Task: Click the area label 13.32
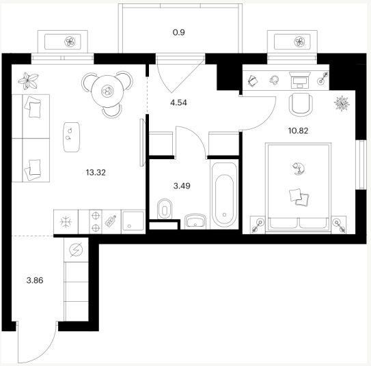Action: pyautogui.click(x=96, y=173)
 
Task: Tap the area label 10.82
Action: pyautogui.click(x=298, y=130)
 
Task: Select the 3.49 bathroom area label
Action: pyautogui.click(x=182, y=186)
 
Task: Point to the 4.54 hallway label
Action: pyautogui.click(x=178, y=103)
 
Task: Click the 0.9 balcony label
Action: pyautogui.click(x=178, y=32)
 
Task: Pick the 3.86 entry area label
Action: pyautogui.click(x=35, y=281)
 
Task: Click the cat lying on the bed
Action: pyautogui.click(x=299, y=169)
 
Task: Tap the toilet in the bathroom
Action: pyautogui.click(x=165, y=209)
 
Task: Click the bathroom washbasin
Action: pyautogui.click(x=195, y=221)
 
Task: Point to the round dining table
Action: pyautogui.click(x=107, y=91)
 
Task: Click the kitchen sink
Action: pyautogui.click(x=133, y=221)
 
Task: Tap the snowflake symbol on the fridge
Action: pyautogui.click(x=66, y=222)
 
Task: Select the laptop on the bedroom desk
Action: pyautogui.click(x=299, y=80)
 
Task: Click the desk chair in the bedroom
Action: pyautogui.click(x=301, y=104)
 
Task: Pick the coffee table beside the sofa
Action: pyautogui.click(x=71, y=137)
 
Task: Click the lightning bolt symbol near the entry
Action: pyautogui.click(x=76, y=250)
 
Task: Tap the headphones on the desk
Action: pyautogui.click(x=274, y=80)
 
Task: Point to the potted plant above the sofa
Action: pyautogui.click(x=29, y=81)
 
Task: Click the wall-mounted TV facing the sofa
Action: pyautogui.click(x=142, y=143)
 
